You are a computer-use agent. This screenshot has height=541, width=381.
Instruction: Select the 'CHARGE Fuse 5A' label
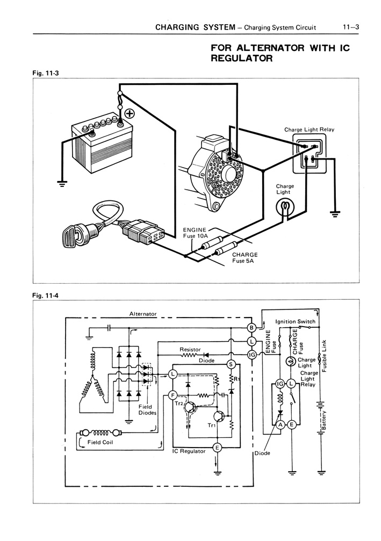[245, 258]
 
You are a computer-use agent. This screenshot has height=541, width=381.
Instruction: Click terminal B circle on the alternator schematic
[251, 328]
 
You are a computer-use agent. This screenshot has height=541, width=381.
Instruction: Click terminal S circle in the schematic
[232, 365]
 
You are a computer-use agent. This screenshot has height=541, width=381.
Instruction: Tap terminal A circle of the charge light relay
[279, 424]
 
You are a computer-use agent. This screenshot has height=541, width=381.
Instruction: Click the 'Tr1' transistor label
[212, 425]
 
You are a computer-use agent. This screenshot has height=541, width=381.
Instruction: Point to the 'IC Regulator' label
[189, 451]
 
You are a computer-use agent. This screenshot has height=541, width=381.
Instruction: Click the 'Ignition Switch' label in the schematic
[295, 321]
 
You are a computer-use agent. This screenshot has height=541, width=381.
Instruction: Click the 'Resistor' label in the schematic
[190, 350]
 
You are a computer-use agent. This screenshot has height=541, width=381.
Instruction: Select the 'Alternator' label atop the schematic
[143, 313]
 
